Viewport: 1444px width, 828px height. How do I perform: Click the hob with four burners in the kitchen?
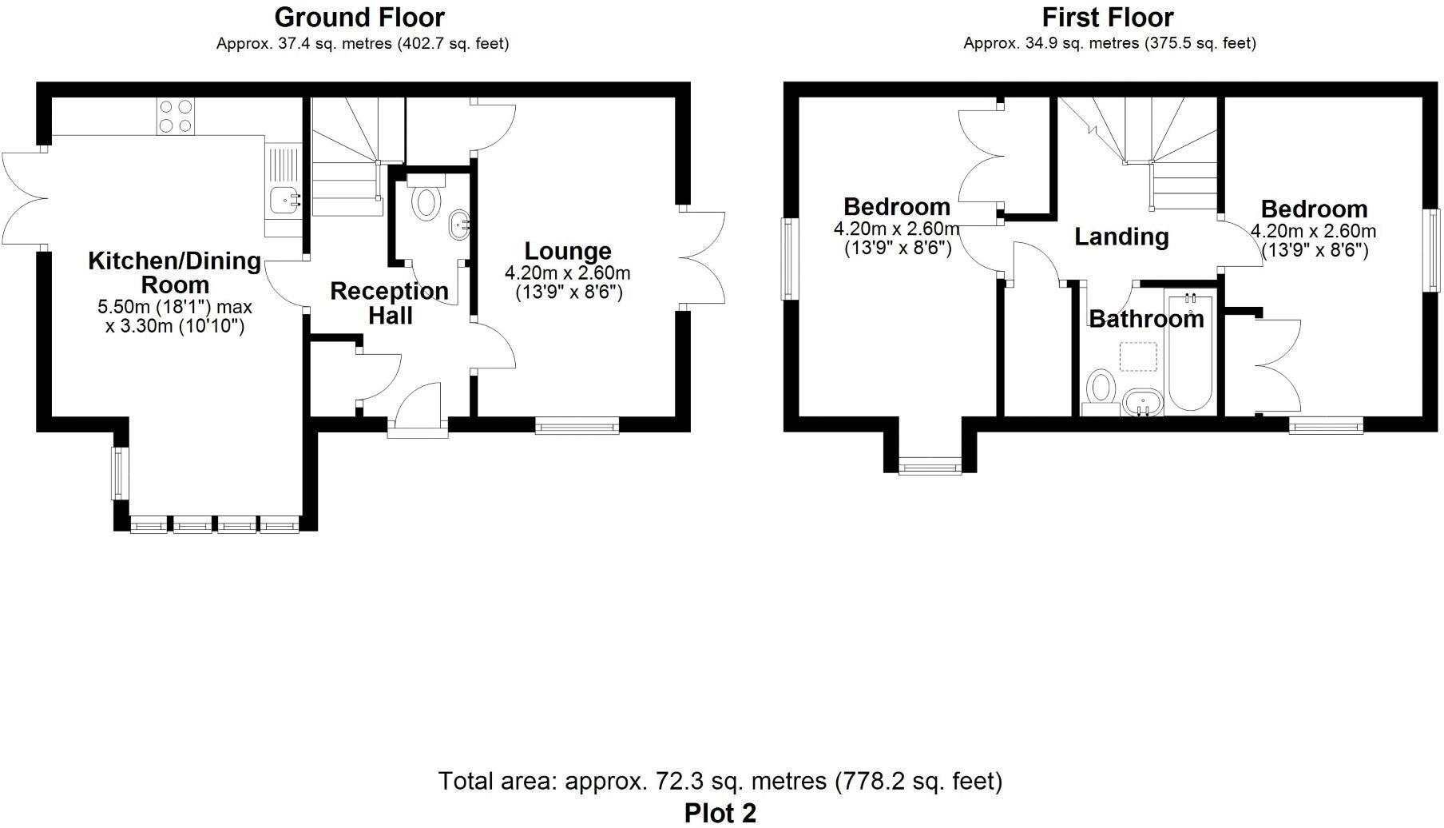176,116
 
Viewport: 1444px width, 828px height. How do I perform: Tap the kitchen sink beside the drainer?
284,199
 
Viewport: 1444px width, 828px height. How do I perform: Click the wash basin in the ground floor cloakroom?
459,225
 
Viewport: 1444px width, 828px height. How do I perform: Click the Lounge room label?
568,252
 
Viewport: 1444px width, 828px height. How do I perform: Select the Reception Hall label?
390,303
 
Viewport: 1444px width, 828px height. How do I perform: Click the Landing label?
1121,237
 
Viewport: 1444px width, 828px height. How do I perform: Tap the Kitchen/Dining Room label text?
174,273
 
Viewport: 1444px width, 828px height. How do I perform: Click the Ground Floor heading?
359,17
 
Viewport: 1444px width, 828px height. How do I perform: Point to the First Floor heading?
1107,17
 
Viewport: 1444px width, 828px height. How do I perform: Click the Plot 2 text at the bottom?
720,812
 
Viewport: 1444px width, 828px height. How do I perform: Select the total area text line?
720,781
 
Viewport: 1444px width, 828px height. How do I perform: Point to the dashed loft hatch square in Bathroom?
1139,356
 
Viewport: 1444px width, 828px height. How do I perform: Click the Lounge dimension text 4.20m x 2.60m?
567,273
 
